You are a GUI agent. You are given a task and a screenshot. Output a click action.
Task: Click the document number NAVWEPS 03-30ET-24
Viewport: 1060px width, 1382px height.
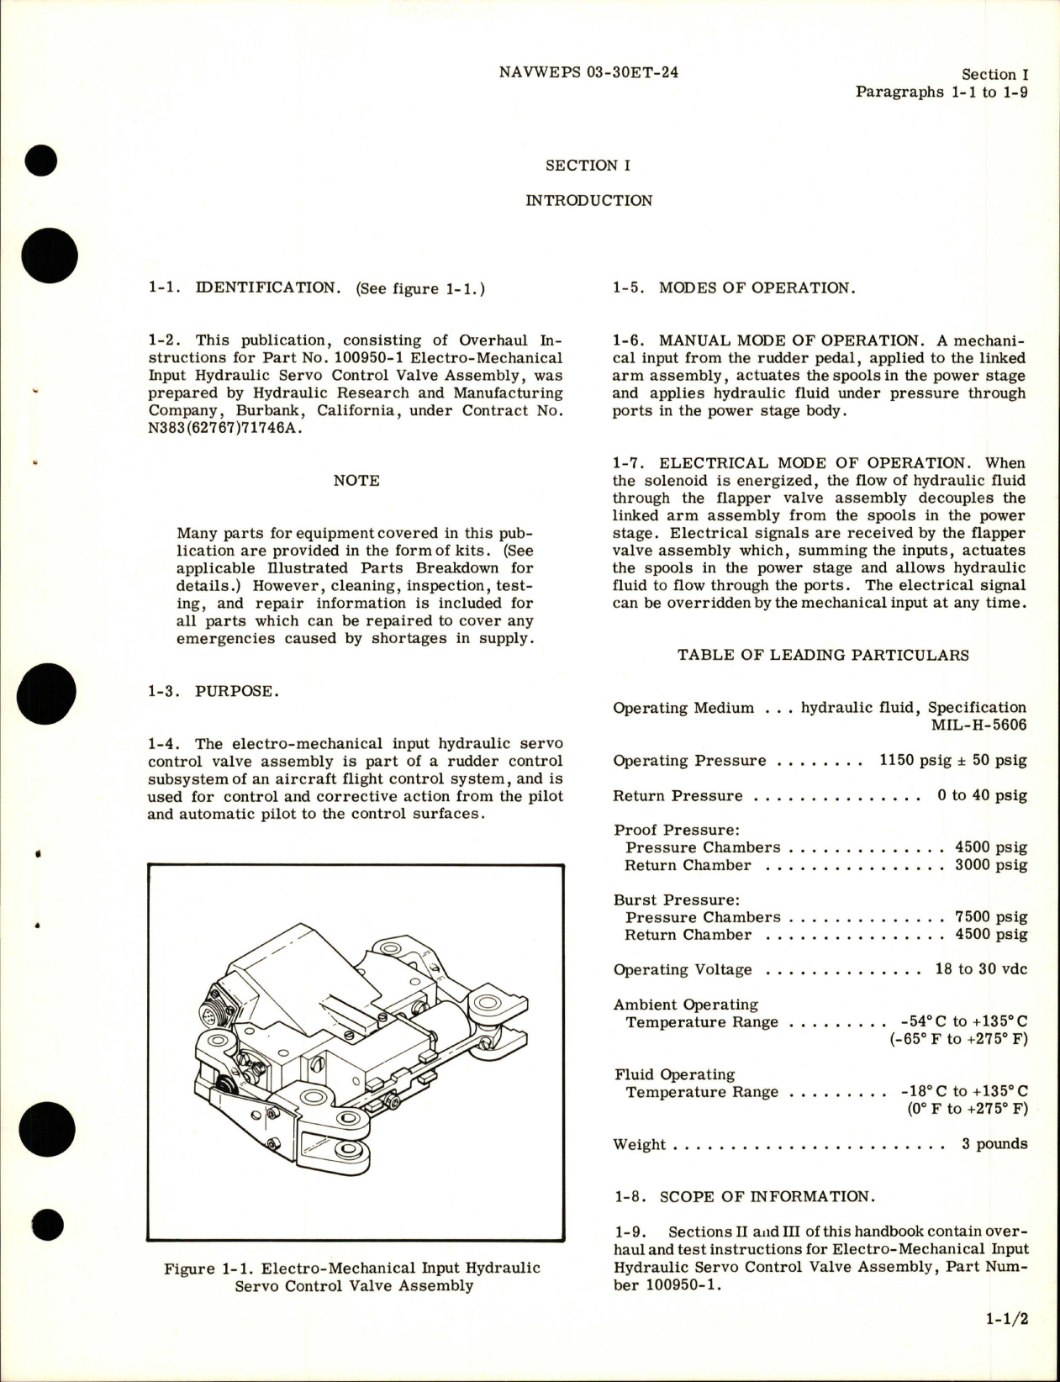[x=588, y=72]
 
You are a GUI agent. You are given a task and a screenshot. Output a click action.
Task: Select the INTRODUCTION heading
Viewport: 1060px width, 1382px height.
[x=588, y=200]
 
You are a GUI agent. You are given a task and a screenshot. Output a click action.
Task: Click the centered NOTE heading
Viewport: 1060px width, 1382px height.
[x=356, y=480]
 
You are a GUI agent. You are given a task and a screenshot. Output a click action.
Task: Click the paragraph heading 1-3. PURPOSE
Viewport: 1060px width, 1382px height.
[x=212, y=691]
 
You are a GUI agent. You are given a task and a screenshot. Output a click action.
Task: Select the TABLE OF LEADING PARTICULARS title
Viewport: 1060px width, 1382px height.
[x=823, y=655]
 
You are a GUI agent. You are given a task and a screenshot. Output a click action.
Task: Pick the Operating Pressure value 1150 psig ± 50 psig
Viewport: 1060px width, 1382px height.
[x=952, y=761]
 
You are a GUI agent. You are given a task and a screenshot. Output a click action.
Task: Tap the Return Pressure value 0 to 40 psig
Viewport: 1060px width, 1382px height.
[x=982, y=795]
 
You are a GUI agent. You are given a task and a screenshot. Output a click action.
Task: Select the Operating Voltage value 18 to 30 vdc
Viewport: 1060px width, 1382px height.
[x=980, y=969]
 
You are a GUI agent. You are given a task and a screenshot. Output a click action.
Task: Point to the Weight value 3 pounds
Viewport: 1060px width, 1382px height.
[x=994, y=1144]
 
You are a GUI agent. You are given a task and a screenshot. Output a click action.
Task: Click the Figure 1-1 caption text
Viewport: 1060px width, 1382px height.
[x=352, y=1276]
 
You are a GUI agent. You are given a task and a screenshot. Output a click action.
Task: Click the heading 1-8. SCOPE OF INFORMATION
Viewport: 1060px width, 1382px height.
[x=741, y=1196]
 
